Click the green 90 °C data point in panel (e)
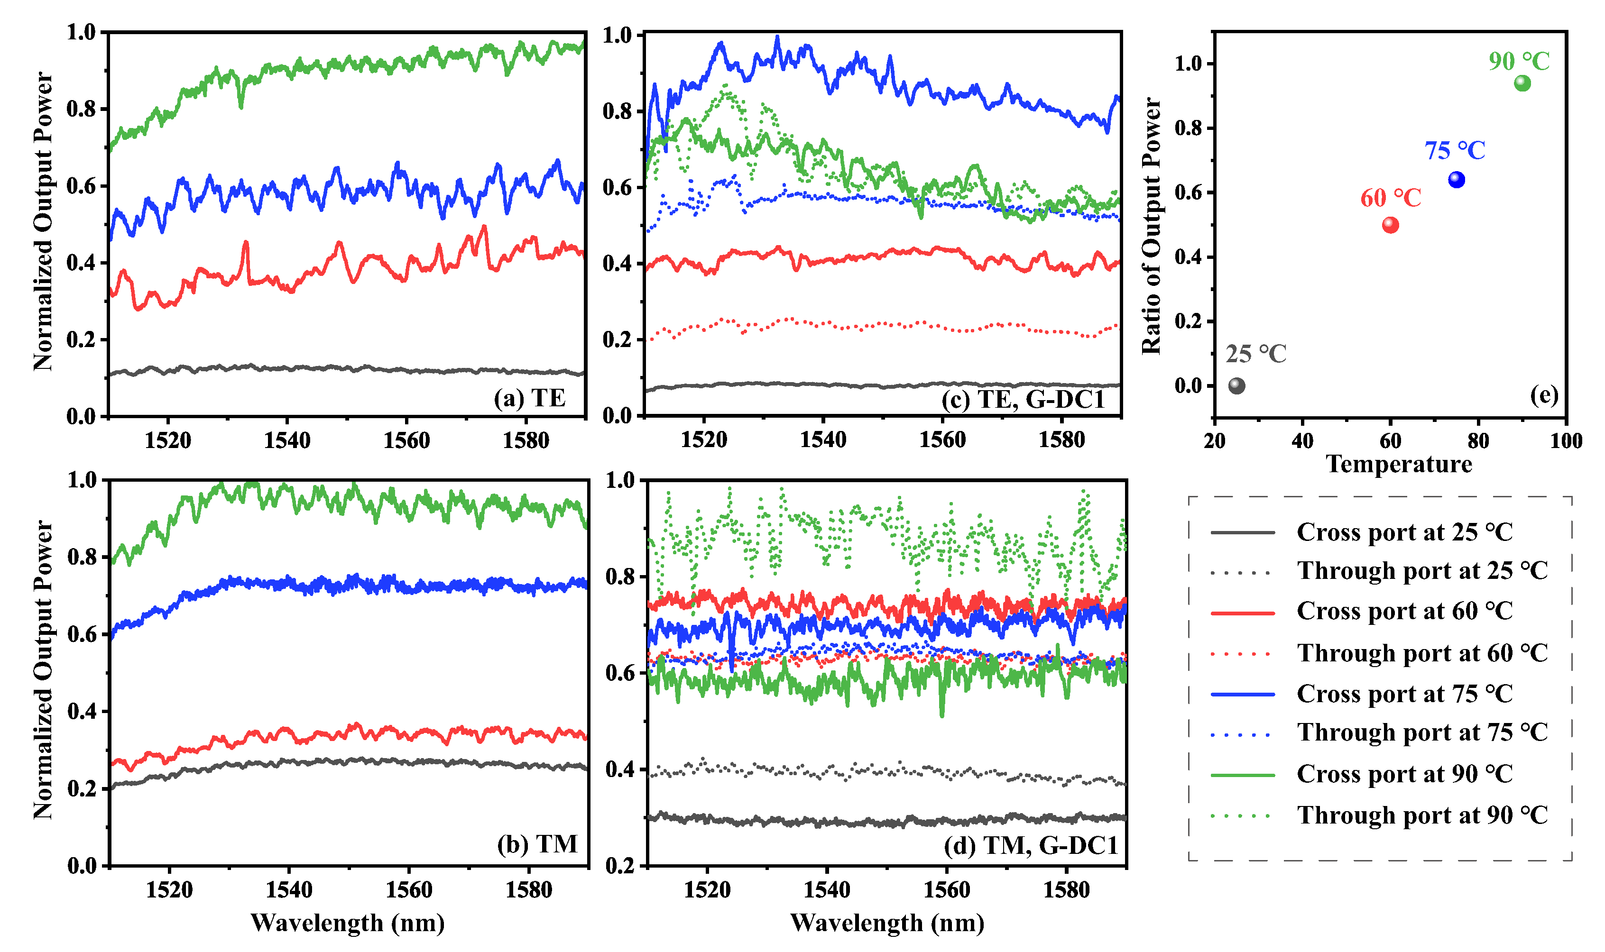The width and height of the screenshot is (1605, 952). coord(1522,83)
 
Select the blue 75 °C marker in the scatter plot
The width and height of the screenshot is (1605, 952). coord(1456,180)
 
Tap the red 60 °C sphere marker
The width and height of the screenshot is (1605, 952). coord(1390,225)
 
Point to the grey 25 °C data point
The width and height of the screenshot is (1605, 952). coord(1236,385)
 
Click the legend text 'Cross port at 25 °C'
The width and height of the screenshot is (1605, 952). coord(1404,532)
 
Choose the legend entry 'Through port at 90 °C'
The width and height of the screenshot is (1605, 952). coord(1422,815)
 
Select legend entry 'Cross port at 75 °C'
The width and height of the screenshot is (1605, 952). coord(1404,694)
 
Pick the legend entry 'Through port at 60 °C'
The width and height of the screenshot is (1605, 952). coord(1422,653)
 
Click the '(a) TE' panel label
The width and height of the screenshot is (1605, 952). coord(529,398)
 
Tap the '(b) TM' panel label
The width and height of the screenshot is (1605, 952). coord(537,843)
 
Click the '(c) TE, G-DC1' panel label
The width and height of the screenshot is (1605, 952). coord(1023,400)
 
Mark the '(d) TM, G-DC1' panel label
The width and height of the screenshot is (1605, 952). coord(1031,845)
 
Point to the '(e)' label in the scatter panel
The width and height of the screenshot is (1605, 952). coord(1543,394)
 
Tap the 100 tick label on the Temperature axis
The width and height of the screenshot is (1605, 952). coord(1566,441)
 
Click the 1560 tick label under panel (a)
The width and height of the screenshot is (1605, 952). coord(406,441)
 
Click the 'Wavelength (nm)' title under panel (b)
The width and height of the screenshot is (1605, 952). coord(347,923)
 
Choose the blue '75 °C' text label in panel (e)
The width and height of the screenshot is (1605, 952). coord(1455,151)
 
